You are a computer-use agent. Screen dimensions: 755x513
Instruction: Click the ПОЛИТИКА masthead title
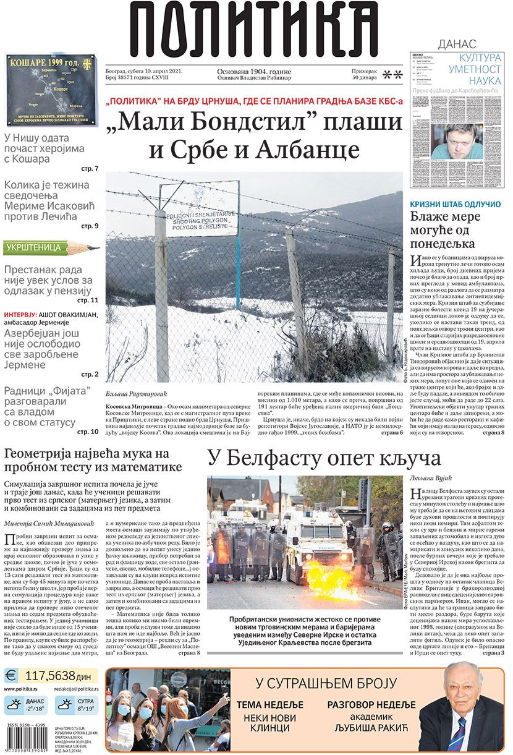254,31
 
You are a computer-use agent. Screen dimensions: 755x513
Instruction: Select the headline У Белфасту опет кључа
324,458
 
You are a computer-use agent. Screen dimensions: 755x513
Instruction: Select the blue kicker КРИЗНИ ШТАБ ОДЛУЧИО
456,204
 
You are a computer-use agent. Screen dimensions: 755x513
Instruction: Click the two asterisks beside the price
392,75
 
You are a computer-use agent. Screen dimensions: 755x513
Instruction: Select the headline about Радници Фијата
47,407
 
